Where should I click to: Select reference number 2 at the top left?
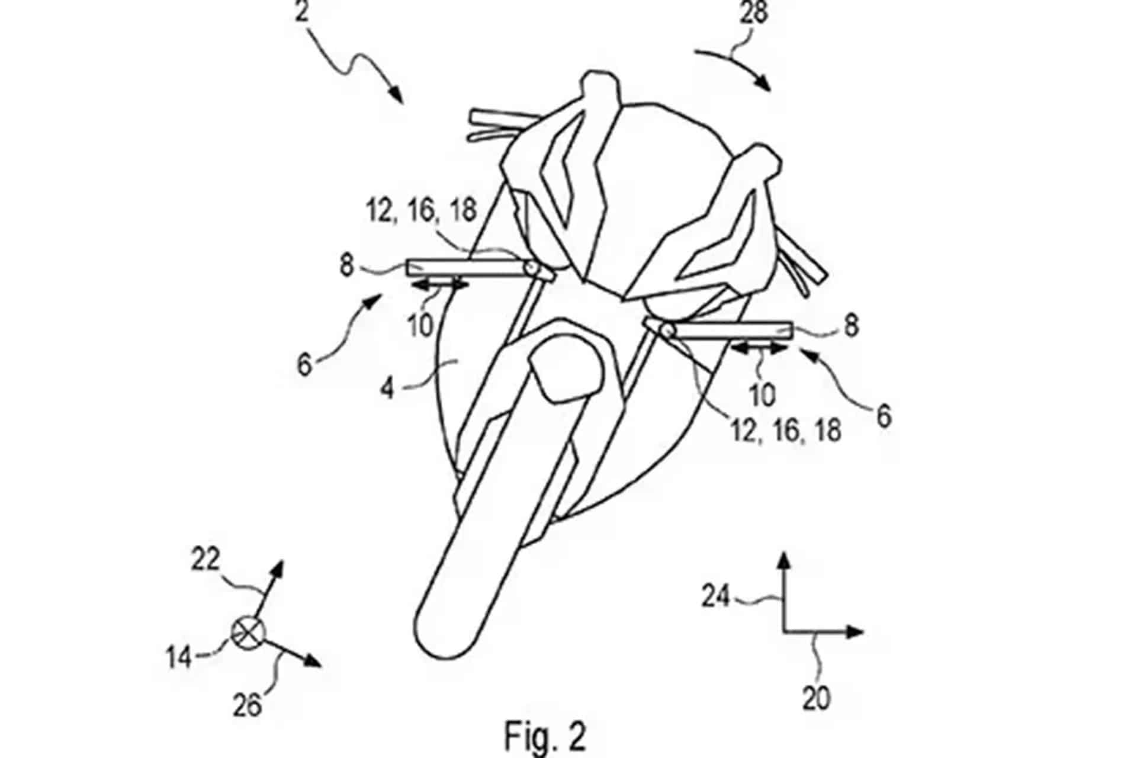coord(303,11)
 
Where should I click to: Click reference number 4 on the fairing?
coord(387,388)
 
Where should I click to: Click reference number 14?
coord(179,657)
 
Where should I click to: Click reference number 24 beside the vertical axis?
coord(715,596)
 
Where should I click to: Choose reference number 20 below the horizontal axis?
coord(816,699)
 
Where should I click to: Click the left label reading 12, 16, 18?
coord(422,210)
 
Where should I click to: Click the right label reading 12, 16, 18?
coord(786,431)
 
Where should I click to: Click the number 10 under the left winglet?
coord(421,325)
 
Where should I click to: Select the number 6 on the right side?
coord(884,416)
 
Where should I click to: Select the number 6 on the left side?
coord(304,365)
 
